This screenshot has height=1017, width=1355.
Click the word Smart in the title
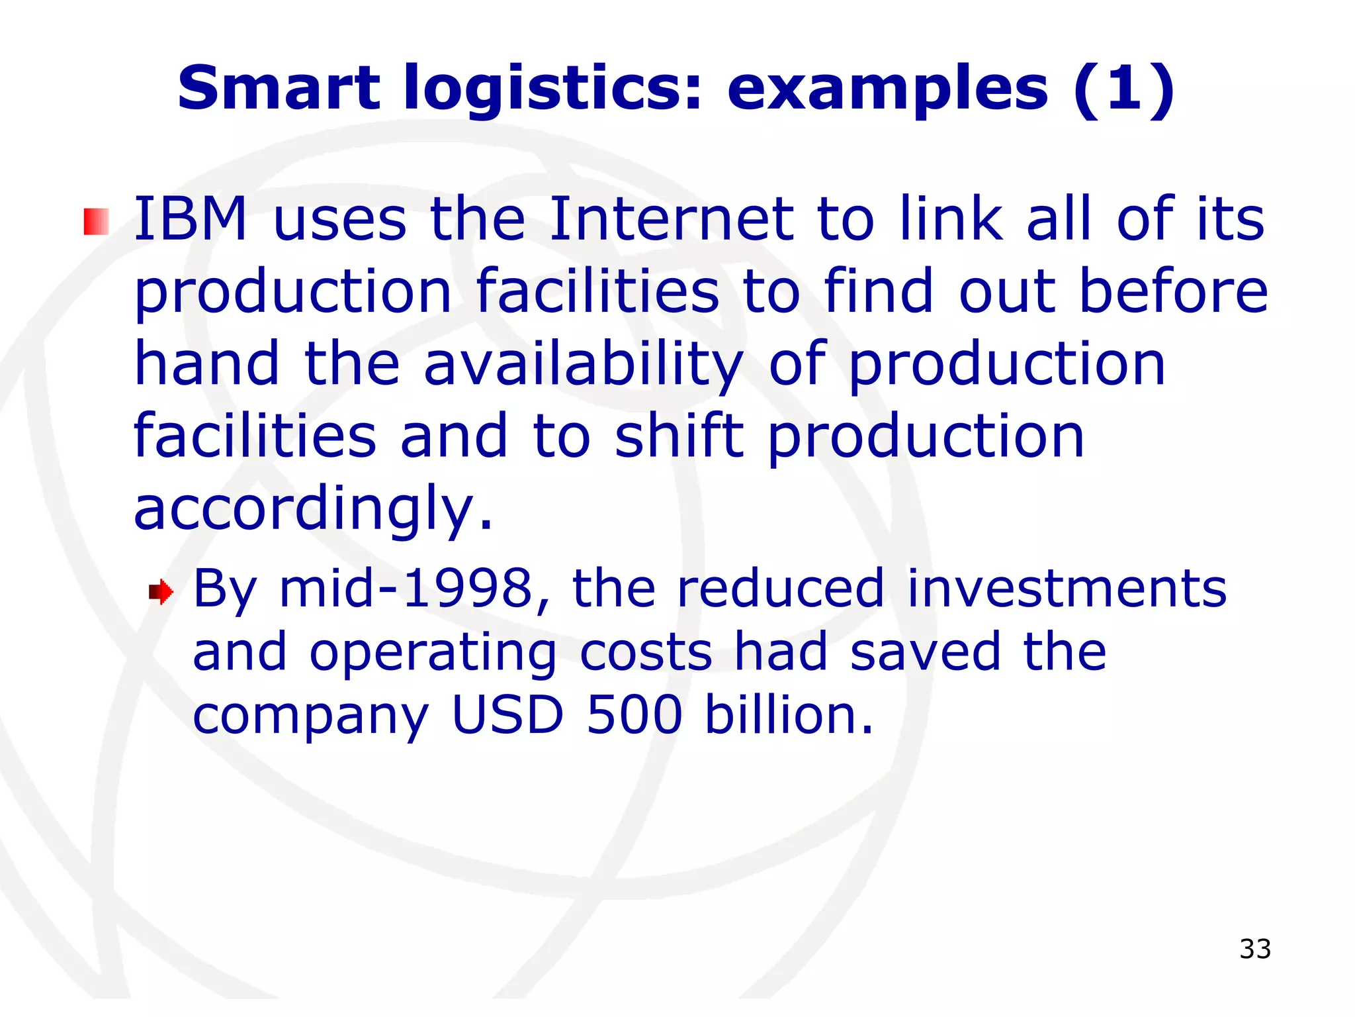(x=279, y=88)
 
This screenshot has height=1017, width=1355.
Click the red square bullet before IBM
(x=96, y=221)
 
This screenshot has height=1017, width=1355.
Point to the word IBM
(x=191, y=218)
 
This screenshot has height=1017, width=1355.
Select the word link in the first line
(x=951, y=218)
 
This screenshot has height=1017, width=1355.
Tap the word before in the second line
(x=1173, y=291)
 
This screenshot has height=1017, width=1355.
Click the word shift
(x=679, y=437)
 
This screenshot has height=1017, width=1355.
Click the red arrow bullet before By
(x=161, y=591)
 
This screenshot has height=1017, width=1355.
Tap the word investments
(x=1066, y=589)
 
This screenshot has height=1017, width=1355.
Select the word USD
(x=507, y=715)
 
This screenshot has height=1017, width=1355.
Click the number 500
(x=634, y=715)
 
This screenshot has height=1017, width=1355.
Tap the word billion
(x=788, y=715)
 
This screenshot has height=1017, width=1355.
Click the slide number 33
(x=1255, y=949)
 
